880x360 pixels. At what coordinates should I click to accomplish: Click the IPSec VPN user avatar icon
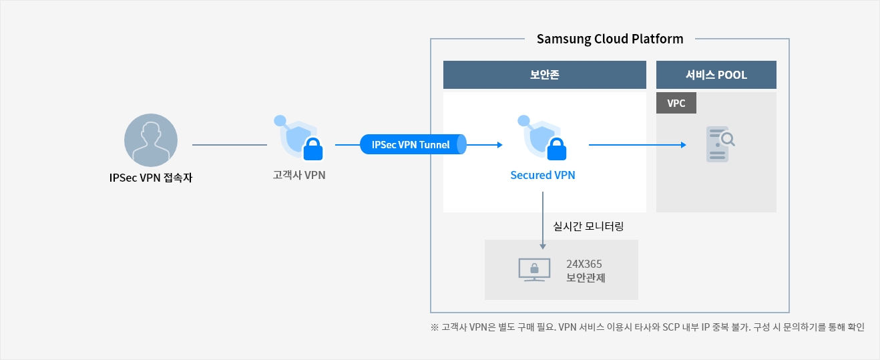(151, 140)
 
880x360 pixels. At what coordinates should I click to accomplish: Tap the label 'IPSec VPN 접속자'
(151, 178)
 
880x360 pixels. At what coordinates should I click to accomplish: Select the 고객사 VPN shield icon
(298, 138)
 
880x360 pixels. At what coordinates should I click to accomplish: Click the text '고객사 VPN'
(299, 175)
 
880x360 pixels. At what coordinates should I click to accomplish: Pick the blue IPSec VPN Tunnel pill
(413, 144)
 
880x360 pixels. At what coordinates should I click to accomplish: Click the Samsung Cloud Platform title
(610, 39)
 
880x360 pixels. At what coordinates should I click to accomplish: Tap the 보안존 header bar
(545, 75)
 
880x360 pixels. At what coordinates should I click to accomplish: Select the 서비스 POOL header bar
(716, 75)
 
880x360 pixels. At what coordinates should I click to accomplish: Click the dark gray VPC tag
(676, 103)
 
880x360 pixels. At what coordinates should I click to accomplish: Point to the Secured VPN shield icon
(542, 138)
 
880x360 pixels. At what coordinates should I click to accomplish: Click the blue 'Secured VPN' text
(543, 175)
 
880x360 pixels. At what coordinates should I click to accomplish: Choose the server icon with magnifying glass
(720, 144)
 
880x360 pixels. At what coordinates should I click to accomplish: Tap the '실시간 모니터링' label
(588, 226)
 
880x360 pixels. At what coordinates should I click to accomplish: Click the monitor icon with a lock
(534, 270)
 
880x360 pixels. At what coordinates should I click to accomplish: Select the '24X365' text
(584, 264)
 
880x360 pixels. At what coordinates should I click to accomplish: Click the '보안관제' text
(586, 278)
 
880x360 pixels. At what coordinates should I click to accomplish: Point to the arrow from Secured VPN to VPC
(637, 145)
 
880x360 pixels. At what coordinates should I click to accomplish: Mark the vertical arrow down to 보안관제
(543, 220)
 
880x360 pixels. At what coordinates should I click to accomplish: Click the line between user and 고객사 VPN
(230, 145)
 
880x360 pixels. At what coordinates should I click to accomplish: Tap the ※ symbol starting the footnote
(435, 327)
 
